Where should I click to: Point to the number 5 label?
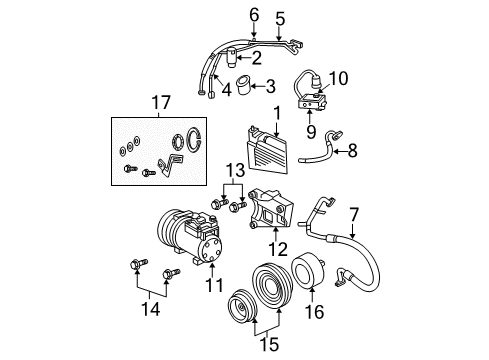pyautogui.click(x=280, y=19)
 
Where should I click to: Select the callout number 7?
pyautogui.click(x=352, y=212)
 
